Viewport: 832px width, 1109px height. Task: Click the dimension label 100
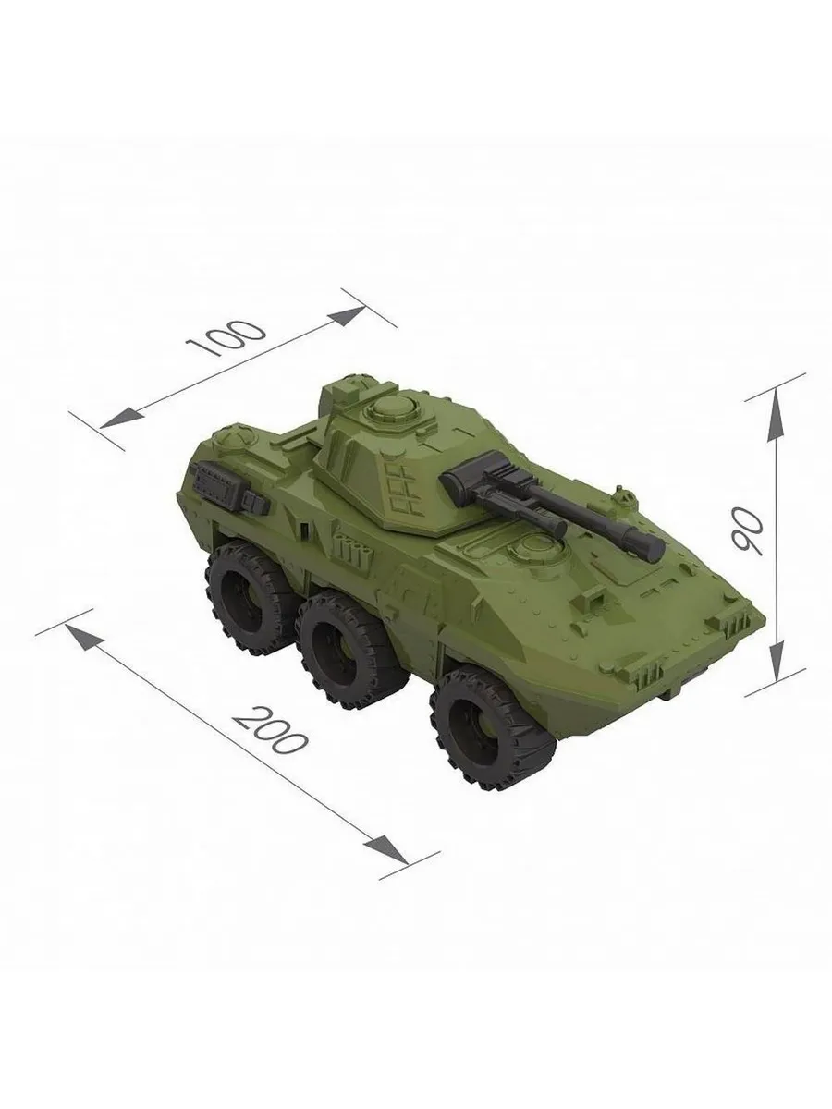coord(226,337)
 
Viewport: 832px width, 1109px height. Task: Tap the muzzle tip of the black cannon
coord(655,548)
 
